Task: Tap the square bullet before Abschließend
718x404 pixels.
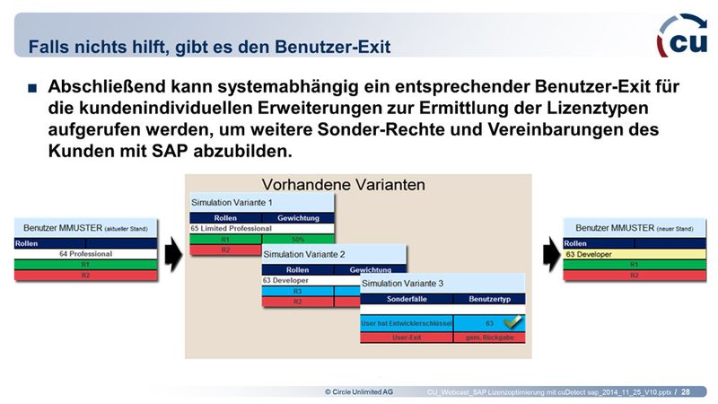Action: point(31,89)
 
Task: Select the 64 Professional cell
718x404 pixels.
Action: point(86,254)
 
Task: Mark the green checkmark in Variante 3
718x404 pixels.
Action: point(512,321)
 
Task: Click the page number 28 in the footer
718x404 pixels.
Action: point(686,392)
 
